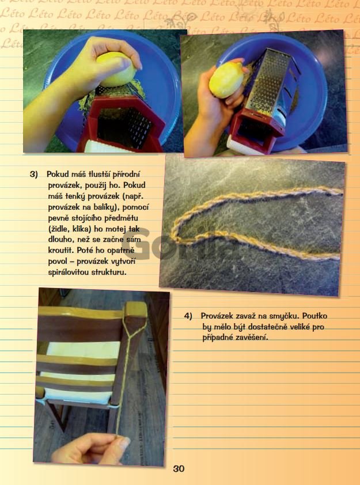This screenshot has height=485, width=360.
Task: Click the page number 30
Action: click(x=179, y=469)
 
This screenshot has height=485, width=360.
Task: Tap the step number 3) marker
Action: click(x=34, y=174)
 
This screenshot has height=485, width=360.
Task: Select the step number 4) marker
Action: click(x=188, y=316)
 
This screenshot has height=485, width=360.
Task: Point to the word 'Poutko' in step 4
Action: click(x=314, y=316)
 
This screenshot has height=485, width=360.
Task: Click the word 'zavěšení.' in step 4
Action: click(x=252, y=338)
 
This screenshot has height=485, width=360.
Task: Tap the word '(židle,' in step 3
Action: click(x=59, y=229)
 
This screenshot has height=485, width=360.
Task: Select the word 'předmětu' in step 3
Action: click(x=123, y=218)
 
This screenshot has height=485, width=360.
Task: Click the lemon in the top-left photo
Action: click(x=116, y=70)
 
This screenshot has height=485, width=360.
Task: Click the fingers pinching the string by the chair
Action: click(x=93, y=449)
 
